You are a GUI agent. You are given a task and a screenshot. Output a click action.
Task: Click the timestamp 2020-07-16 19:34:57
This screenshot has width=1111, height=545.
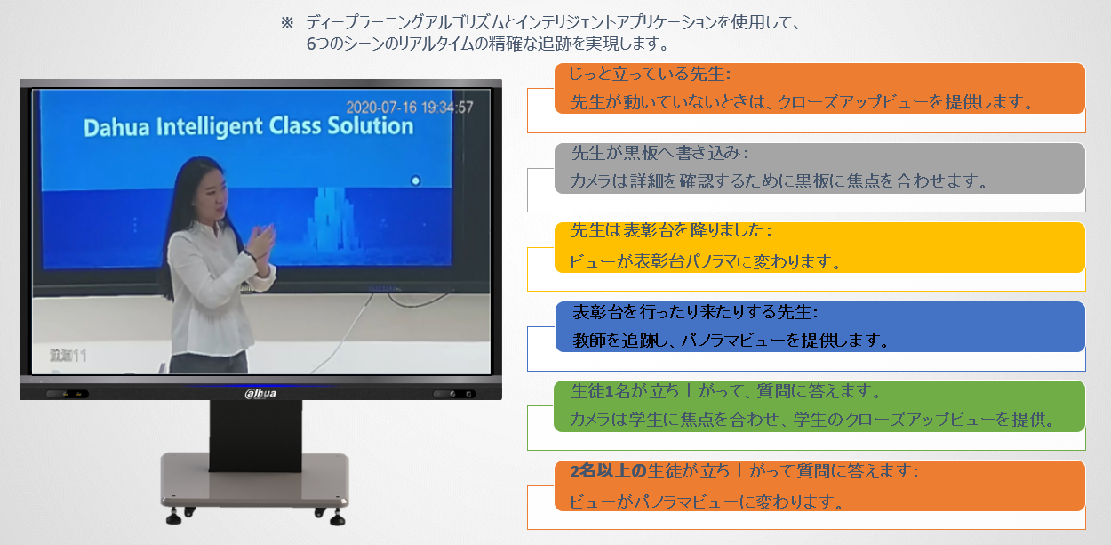[x=409, y=108]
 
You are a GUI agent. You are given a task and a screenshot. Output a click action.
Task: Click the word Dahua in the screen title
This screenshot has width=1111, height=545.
[x=116, y=127]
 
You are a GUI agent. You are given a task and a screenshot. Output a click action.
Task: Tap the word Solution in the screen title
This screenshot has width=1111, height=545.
[x=371, y=126]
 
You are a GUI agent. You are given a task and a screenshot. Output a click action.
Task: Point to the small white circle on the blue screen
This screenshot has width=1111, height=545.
[x=416, y=180]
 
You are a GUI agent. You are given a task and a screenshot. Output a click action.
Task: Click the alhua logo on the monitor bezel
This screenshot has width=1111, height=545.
[x=260, y=394]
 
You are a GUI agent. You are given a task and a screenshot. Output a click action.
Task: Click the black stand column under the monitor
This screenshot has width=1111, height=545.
[x=255, y=436]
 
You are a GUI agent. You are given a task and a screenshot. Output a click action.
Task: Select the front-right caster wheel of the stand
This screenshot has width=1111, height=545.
[x=338, y=518]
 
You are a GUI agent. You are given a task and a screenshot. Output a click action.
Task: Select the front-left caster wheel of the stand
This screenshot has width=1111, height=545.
[x=173, y=517]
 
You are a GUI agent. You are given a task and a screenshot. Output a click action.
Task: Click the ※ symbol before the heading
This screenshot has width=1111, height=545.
[x=287, y=23]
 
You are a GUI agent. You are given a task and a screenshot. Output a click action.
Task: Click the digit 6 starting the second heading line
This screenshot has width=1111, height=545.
[x=311, y=44]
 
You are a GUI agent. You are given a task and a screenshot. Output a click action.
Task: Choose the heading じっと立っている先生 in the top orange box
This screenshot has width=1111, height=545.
[x=649, y=74]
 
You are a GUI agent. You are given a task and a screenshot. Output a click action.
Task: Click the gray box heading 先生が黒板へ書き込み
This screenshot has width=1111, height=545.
[x=659, y=153]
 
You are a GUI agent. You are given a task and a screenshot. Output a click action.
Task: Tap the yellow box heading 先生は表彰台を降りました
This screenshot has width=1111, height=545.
[x=671, y=230]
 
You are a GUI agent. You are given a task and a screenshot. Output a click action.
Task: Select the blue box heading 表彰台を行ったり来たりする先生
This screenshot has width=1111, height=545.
[x=695, y=312]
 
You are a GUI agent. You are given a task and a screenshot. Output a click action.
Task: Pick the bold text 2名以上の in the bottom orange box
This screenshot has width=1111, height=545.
[x=608, y=470]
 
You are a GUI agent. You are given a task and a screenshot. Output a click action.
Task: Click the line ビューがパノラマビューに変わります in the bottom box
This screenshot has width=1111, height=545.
[x=706, y=501]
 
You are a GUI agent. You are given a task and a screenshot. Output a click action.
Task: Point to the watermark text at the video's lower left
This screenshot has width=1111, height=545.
[x=68, y=356]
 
